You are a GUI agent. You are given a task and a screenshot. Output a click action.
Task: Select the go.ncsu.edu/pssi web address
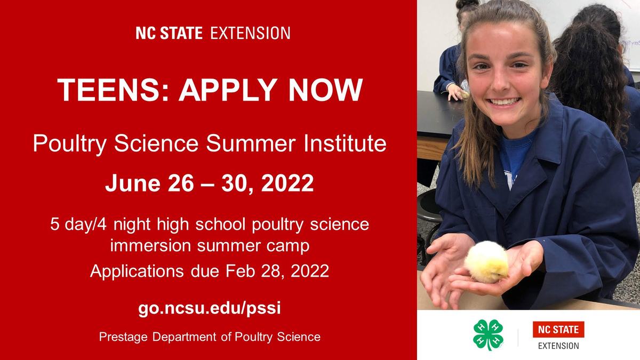209,309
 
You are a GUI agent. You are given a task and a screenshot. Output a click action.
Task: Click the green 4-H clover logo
488,334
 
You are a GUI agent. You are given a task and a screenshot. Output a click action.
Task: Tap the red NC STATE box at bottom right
558,330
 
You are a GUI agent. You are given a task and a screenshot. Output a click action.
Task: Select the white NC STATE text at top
169,33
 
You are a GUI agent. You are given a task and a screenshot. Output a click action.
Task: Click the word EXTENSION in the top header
250,33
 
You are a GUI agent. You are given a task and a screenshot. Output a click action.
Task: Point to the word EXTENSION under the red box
558,346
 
